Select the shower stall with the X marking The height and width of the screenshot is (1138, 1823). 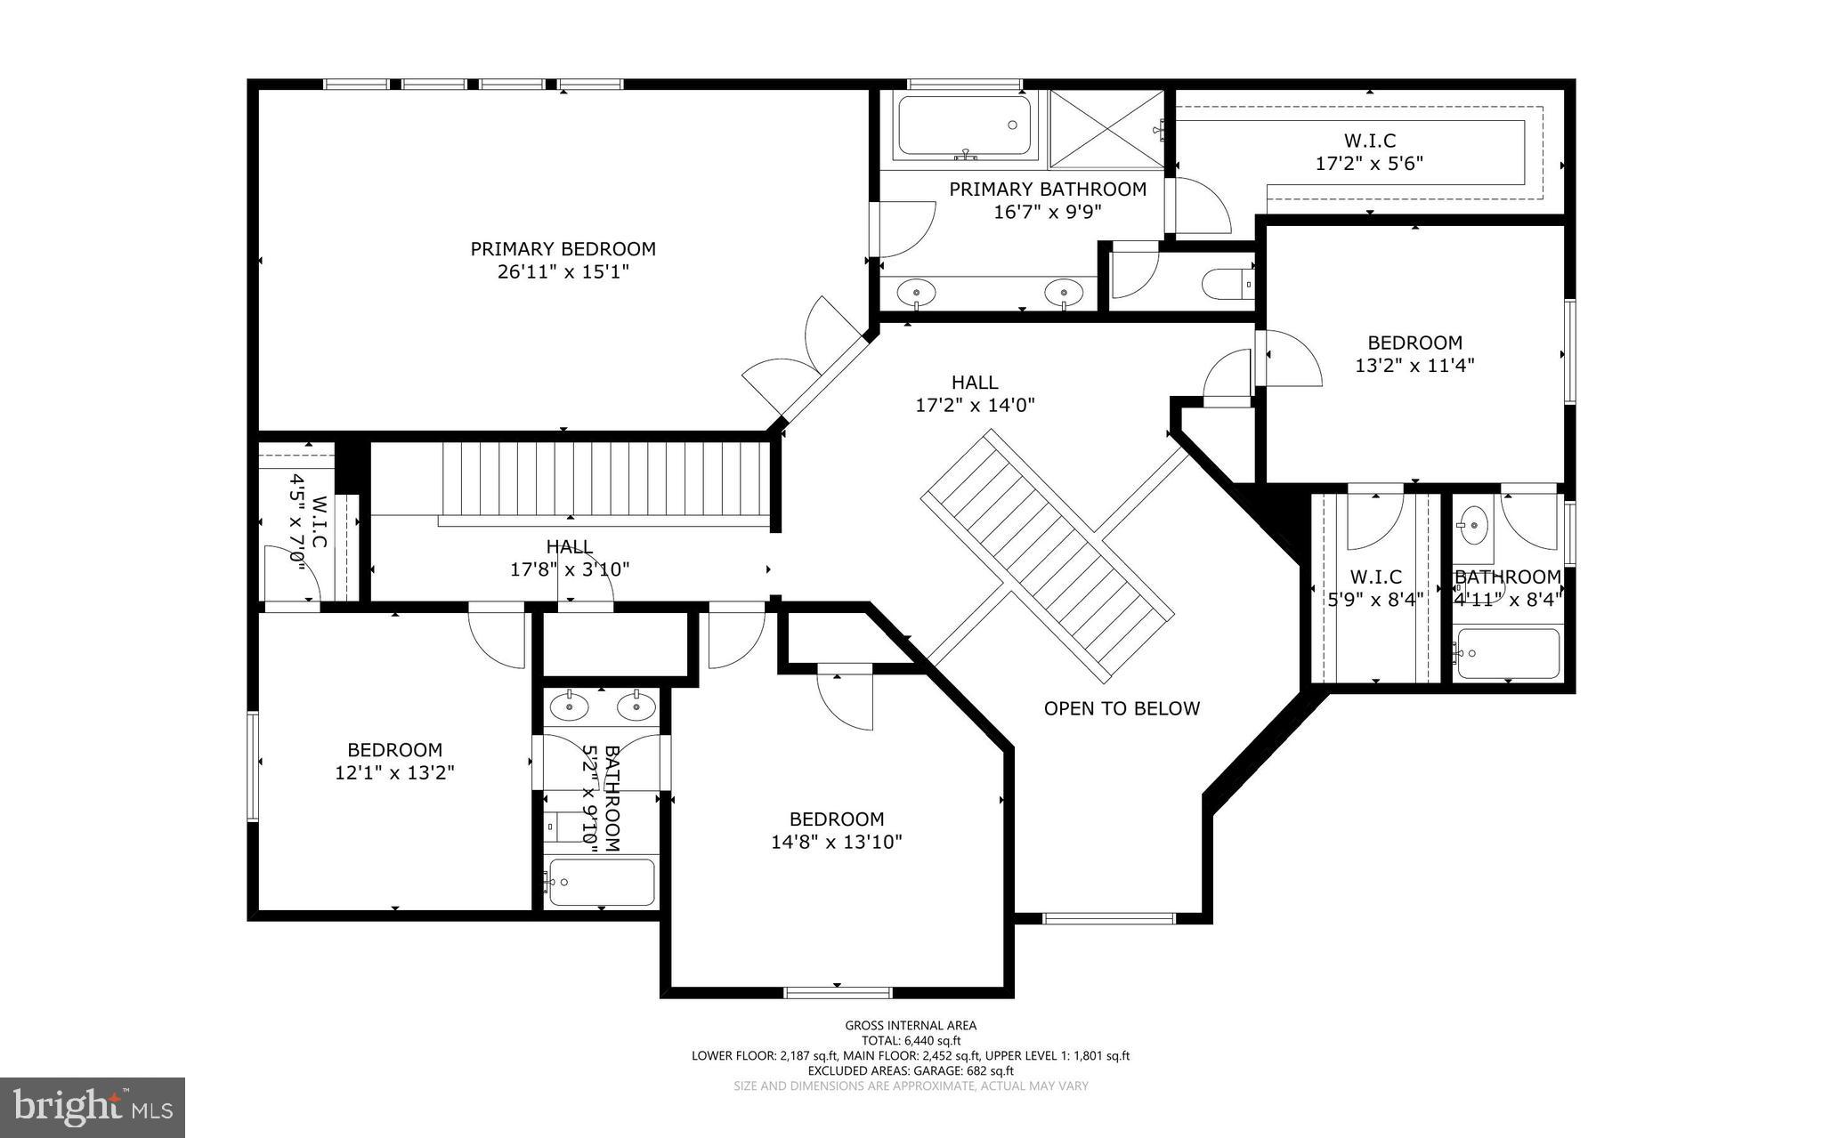(1106, 128)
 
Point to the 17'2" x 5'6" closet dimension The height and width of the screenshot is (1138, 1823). (1369, 164)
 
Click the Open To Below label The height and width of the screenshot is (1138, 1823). (1122, 708)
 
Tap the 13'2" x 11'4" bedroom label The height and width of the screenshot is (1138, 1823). (1414, 353)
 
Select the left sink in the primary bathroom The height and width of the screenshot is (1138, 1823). (916, 290)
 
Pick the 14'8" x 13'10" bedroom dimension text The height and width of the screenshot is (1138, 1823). (837, 842)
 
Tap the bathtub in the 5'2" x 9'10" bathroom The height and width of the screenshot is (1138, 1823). (602, 881)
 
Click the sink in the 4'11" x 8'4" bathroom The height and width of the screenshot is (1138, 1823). (1474, 525)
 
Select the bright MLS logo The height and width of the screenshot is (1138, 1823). (93, 1106)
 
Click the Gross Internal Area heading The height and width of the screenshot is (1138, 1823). (911, 1025)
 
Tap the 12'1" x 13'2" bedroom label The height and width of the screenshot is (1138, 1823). (394, 762)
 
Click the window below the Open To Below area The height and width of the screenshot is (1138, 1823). (1108, 918)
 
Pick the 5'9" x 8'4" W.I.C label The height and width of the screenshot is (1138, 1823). (1375, 588)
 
